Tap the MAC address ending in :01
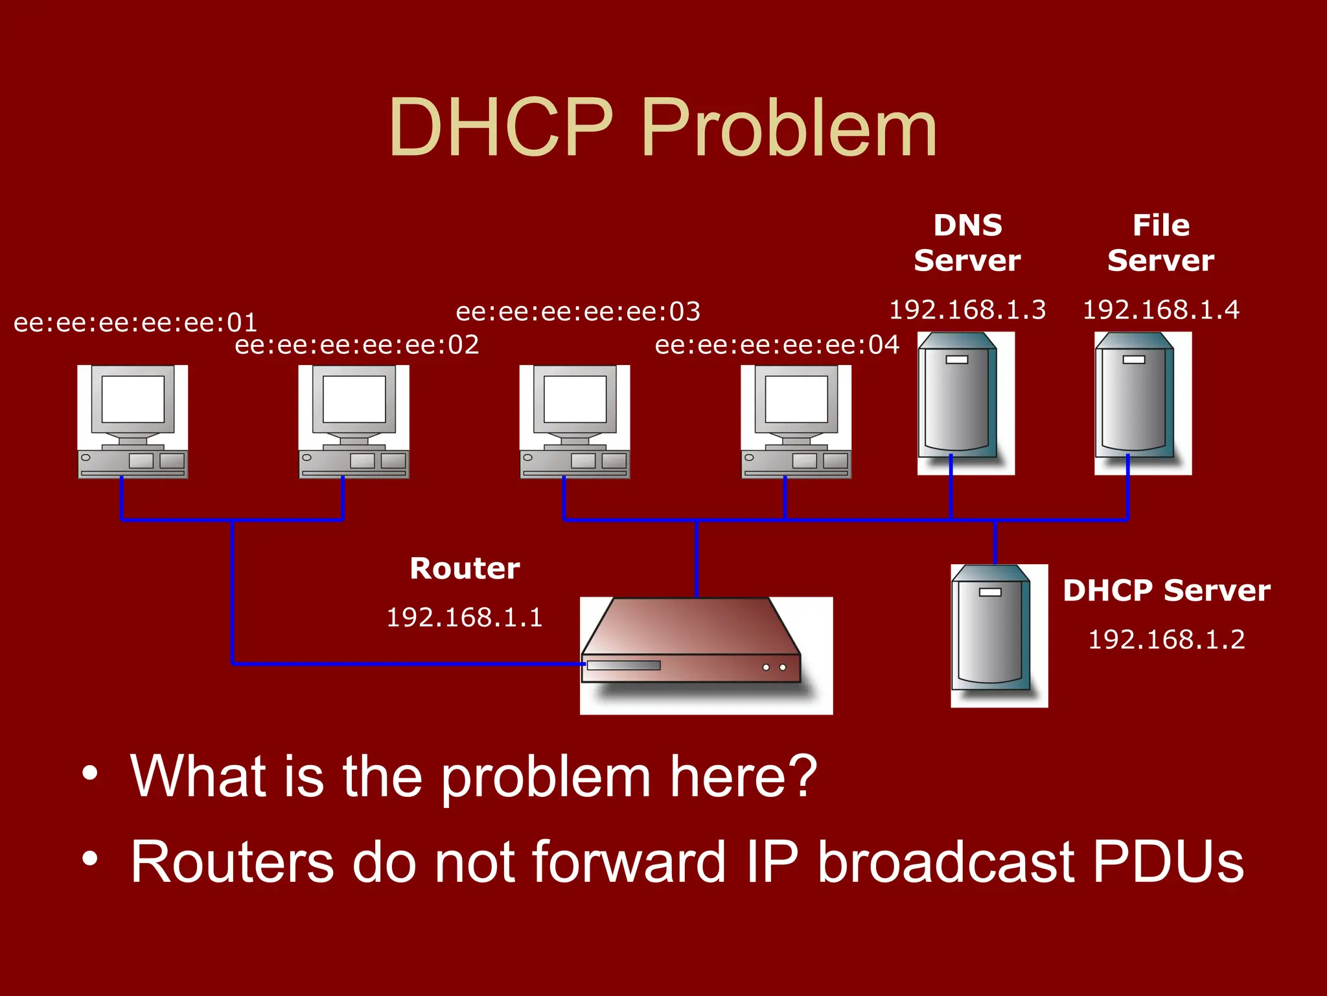tap(135, 322)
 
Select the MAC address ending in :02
tap(357, 344)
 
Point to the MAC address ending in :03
tap(578, 311)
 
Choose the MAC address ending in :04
tap(777, 344)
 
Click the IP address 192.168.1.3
tap(967, 310)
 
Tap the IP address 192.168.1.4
tap(1161, 310)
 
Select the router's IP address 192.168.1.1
tap(464, 617)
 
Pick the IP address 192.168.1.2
tap(1166, 639)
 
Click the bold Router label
tap(465, 569)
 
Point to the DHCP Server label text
tap(1166, 591)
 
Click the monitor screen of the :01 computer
tap(133, 399)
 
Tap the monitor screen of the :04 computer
tap(796, 399)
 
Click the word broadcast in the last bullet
tap(946, 862)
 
